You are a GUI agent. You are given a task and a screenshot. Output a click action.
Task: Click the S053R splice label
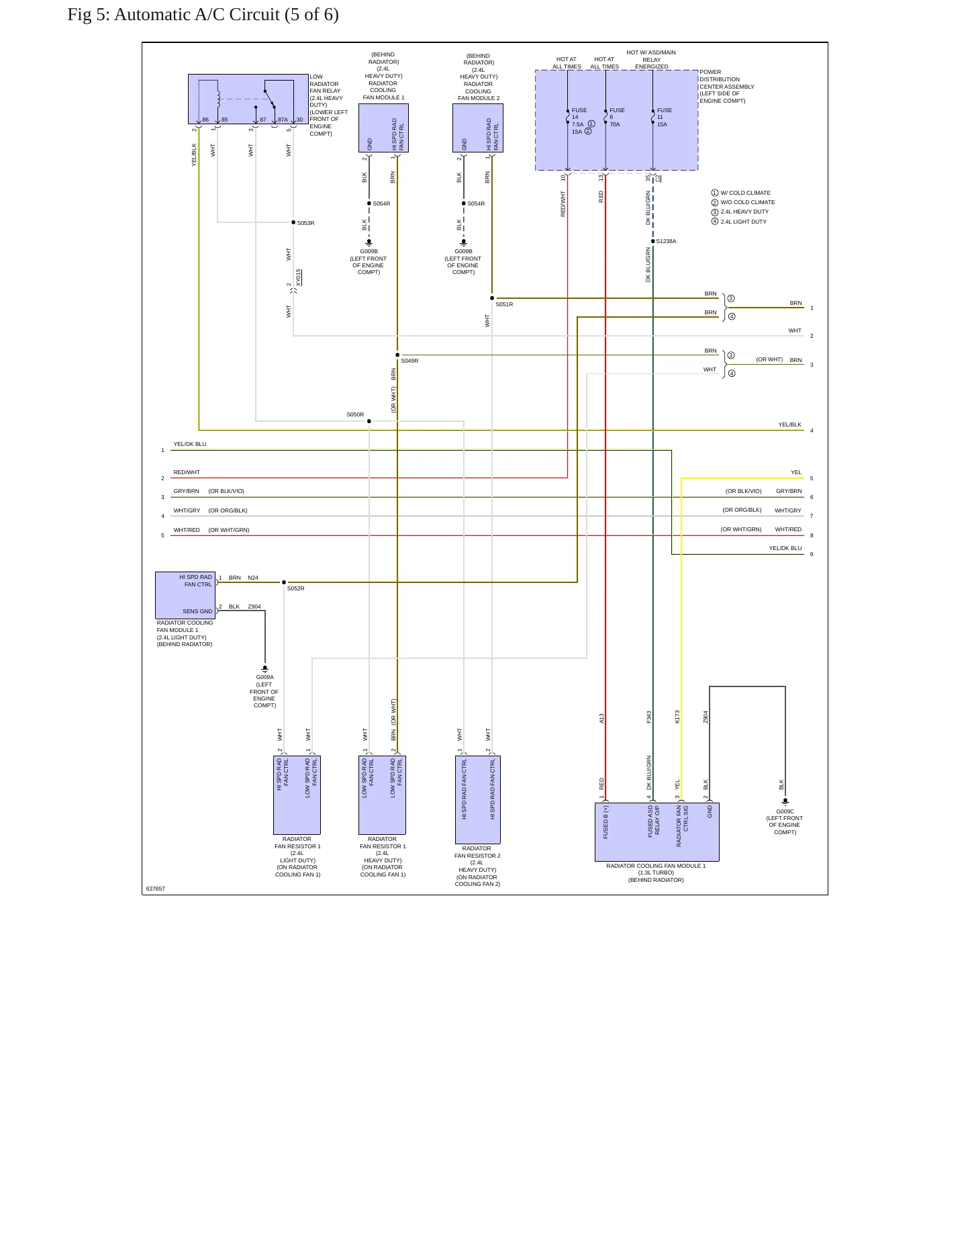[305, 223]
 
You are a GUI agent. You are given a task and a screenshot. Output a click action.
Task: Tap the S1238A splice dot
[652, 241]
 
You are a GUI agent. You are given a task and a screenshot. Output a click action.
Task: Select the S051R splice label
[504, 304]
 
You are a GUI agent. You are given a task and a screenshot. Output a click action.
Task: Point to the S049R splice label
[409, 361]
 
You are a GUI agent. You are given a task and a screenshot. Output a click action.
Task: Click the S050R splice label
[355, 414]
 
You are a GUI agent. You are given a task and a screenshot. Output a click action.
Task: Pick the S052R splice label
[295, 588]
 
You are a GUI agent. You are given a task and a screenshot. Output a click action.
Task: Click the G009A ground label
[264, 677]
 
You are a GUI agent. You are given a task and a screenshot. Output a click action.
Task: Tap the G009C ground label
[785, 811]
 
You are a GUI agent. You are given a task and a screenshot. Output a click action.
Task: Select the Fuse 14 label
[579, 114]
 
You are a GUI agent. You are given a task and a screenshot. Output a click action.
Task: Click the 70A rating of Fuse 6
[615, 124]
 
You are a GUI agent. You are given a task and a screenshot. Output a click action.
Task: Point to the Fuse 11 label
[665, 114]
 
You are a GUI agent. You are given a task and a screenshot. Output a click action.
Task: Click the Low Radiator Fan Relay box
[248, 99]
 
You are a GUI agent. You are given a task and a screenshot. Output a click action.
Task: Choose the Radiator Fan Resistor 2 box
[477, 800]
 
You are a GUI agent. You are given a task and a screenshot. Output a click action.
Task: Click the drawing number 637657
[155, 889]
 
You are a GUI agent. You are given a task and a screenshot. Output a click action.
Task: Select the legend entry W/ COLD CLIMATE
[745, 193]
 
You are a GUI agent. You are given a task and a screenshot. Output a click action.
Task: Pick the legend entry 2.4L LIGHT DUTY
[743, 222]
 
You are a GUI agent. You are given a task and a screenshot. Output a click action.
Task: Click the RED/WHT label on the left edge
[187, 472]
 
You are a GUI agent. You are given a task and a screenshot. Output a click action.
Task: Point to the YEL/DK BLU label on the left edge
[190, 444]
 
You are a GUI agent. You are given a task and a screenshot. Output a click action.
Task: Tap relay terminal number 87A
[283, 120]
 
